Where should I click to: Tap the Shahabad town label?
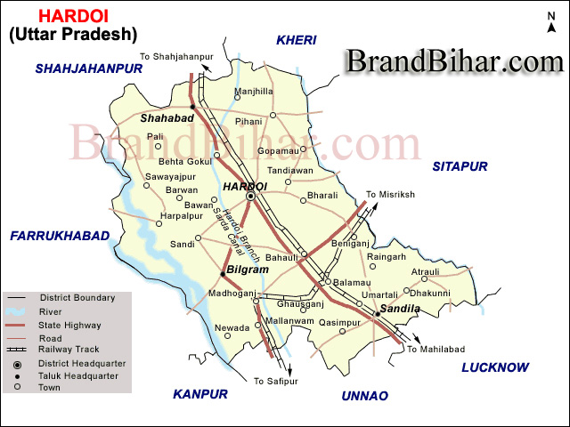click(167, 117)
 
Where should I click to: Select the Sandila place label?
click(400, 309)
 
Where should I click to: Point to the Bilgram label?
click(248, 269)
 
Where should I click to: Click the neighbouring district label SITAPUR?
click(460, 166)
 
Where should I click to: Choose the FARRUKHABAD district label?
click(59, 235)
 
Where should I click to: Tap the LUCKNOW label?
click(495, 367)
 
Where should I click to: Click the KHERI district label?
click(297, 40)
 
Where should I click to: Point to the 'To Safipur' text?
click(273, 381)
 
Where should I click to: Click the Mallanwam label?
click(290, 320)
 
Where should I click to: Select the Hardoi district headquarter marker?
click(251, 196)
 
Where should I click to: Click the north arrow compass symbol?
click(551, 26)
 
